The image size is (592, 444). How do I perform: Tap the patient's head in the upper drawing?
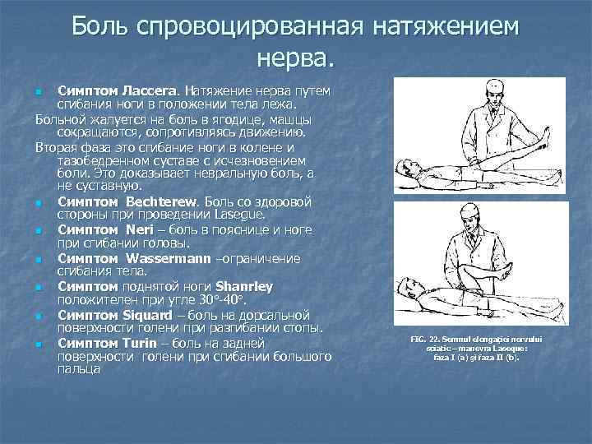(405, 169)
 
